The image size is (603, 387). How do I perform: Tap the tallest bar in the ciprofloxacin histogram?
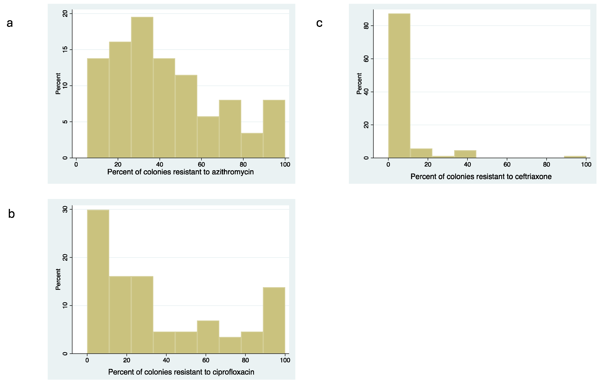tap(98, 281)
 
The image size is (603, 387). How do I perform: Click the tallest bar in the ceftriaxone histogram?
tap(399, 85)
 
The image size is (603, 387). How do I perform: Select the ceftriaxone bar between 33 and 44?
tap(465, 154)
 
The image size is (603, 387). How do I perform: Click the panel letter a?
tap(10, 23)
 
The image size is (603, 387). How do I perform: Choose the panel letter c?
tap(319, 23)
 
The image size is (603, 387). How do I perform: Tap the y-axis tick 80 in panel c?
tap(366, 26)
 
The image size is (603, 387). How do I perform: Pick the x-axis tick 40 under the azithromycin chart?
tap(160, 165)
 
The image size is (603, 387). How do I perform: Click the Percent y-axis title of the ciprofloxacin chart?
tap(58, 279)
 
